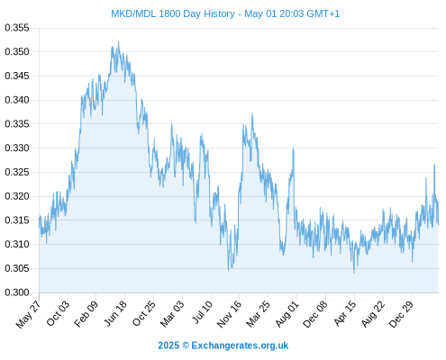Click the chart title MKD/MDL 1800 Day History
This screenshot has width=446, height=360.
point(173,13)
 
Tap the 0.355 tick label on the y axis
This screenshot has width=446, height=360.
point(17,28)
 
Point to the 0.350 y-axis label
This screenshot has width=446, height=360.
point(17,51)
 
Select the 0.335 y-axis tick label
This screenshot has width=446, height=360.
point(17,124)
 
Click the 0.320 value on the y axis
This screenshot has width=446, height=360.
point(17,196)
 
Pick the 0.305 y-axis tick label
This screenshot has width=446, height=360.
point(17,268)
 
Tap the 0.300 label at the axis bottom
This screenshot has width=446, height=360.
point(17,292)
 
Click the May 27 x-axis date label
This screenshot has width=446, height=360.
point(28,314)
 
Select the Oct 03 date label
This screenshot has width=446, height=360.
point(58,313)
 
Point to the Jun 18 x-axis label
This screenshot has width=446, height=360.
point(115,313)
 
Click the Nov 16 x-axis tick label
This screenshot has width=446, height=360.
point(229,314)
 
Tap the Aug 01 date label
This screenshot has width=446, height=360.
point(287,314)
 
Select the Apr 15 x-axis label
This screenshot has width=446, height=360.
point(345,313)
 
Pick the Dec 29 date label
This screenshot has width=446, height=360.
point(401,314)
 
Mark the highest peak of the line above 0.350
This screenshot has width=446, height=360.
point(118,42)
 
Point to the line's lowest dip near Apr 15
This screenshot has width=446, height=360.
point(354,273)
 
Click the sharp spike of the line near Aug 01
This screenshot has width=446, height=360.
point(294,148)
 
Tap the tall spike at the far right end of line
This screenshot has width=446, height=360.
point(434,165)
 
